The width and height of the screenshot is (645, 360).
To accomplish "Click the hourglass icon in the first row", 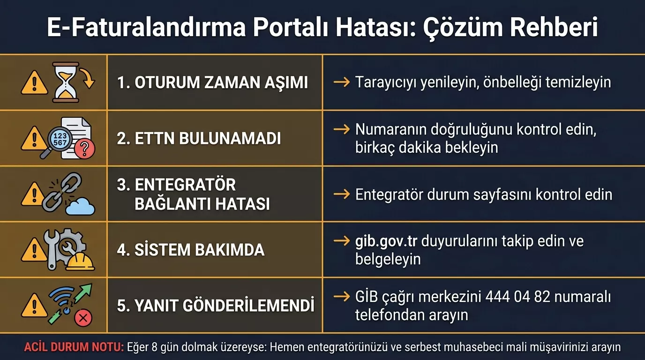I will click(66, 82).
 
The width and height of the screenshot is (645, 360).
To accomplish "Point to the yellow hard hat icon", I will click(80, 261).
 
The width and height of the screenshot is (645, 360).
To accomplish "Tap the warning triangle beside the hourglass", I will click(34, 84).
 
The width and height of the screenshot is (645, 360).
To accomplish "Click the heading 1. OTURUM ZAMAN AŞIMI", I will click(212, 82).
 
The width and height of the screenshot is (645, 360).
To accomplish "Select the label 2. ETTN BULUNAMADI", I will click(199, 138).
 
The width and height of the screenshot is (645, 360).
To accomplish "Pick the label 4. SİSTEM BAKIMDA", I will click(190, 250).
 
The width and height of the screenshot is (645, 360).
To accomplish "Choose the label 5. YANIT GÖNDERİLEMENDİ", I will click(216, 306).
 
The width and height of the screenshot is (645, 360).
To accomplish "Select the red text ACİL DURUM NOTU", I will click(74, 347).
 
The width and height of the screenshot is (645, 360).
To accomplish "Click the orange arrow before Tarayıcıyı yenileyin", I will click(342, 82).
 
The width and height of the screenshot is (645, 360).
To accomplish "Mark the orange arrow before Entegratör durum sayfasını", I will click(342, 194).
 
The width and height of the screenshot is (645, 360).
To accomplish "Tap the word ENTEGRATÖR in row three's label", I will click(185, 185).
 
